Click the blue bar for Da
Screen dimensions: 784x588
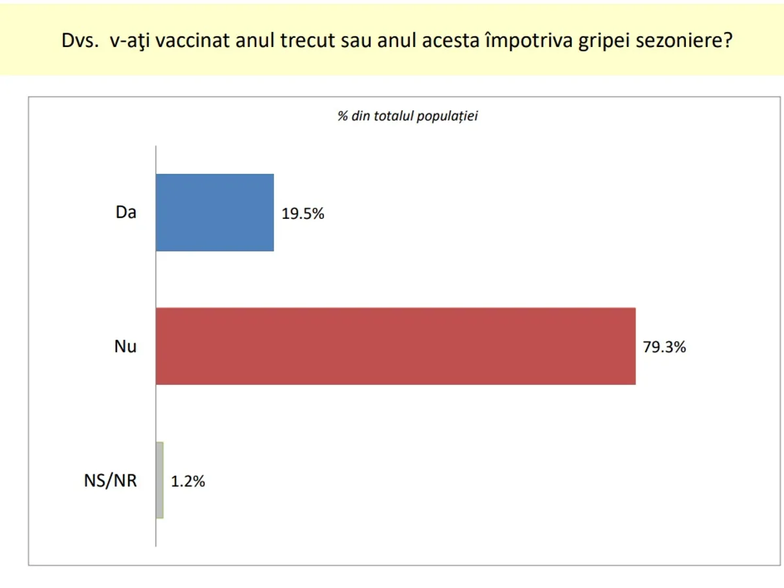(x=215, y=212)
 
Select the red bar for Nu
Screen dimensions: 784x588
(x=396, y=346)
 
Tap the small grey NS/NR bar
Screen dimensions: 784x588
(x=159, y=480)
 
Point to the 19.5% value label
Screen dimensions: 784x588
(x=303, y=214)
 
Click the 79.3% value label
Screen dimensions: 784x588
(x=664, y=347)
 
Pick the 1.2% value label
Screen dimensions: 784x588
(x=188, y=482)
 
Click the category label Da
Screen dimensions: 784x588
(x=125, y=212)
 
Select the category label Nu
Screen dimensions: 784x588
(x=125, y=346)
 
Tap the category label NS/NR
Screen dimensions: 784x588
(x=110, y=481)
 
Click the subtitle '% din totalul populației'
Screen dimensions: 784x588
(x=408, y=116)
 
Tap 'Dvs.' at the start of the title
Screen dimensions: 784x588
(x=80, y=40)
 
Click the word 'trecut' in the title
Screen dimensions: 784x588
(x=307, y=41)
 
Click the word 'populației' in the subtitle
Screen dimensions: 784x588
(x=447, y=117)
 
